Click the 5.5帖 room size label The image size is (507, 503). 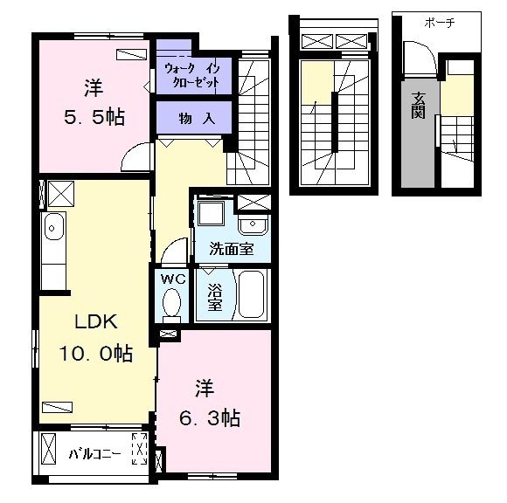pos(94,117)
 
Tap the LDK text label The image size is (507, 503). pos(96,321)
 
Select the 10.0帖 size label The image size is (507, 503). pos(95,353)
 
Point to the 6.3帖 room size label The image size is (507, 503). pos(210,418)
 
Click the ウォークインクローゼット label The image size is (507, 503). pos(192,75)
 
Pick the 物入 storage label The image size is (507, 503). pos(197,119)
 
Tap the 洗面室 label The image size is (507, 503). pos(232,249)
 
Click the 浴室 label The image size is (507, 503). pos(215,297)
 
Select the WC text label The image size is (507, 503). pos(173,279)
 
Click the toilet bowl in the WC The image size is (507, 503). pos(171,304)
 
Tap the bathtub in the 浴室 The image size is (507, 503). pos(251,294)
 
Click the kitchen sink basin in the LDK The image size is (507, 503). pos(52,227)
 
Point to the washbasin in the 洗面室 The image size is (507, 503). pos(253,224)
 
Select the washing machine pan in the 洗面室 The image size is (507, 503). pos(211,214)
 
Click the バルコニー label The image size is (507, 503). pos(95,454)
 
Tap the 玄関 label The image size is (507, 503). pos(418,106)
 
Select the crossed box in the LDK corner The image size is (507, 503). pos(61,194)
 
